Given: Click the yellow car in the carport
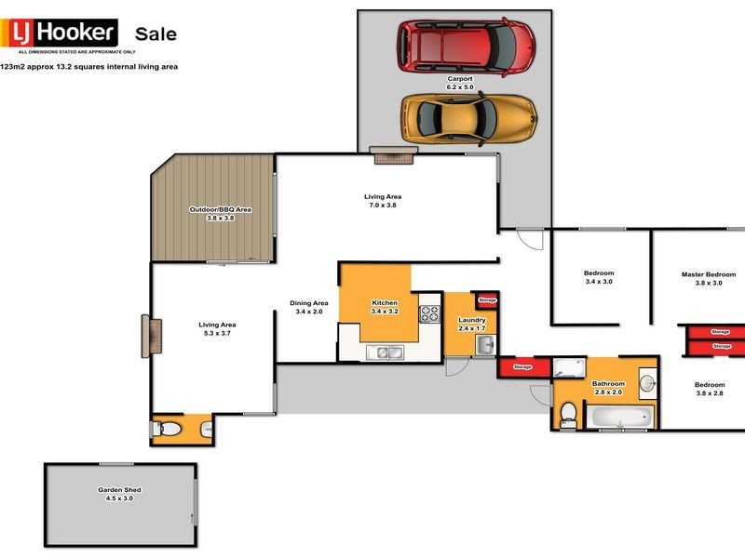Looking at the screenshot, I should click(468, 116).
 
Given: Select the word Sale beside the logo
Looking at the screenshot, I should click(156, 34).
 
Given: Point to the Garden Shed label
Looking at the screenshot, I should click(119, 493).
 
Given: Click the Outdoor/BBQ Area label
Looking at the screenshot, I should click(221, 213).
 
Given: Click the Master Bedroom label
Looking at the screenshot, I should click(701, 277).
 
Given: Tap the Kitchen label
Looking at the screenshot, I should click(385, 307).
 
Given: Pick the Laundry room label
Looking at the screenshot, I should click(472, 324).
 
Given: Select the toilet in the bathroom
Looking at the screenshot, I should click(568, 416).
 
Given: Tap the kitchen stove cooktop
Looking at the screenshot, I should click(429, 313).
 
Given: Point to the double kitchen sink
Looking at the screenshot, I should click(383, 352).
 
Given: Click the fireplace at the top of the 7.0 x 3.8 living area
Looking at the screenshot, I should click(386, 155).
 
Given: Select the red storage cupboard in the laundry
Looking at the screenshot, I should click(486, 300).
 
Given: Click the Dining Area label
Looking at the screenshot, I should click(308, 307).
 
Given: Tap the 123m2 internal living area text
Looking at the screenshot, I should click(89, 67).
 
